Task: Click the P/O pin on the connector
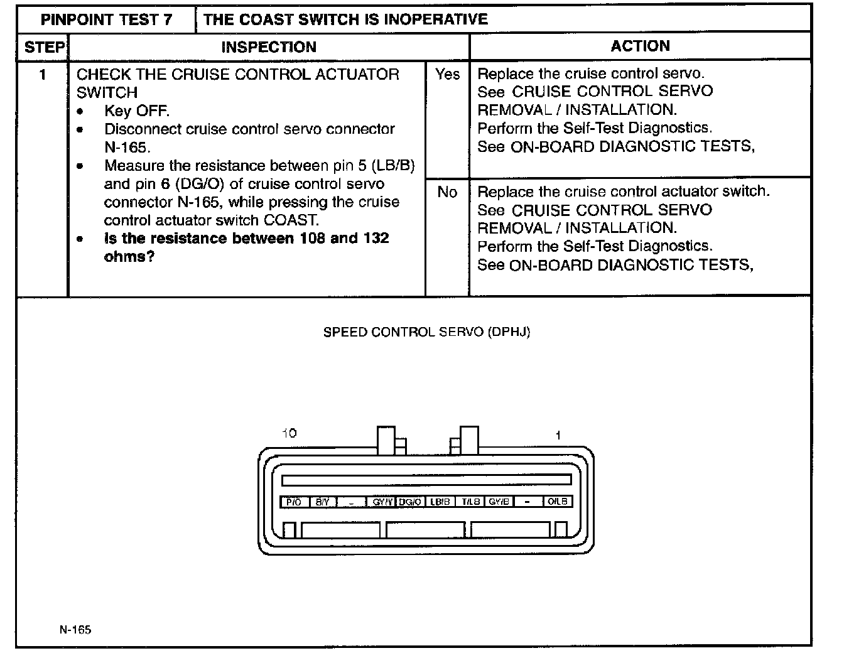coord(293,502)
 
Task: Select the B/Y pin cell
coord(322,502)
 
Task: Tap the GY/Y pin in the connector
coord(381,502)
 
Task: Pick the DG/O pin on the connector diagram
coord(410,502)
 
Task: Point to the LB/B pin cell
coord(440,502)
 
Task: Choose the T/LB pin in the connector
coord(470,502)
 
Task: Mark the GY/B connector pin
coord(499,502)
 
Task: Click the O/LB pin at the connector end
coord(558,502)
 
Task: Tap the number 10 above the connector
coord(289,433)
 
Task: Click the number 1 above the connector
coord(558,434)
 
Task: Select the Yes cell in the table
coord(447,75)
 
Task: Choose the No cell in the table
coord(447,192)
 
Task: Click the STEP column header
coord(43,47)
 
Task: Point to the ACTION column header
coord(640,46)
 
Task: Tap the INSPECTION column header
coord(268,47)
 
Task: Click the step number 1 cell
coord(43,75)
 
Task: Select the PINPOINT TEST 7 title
coord(106,19)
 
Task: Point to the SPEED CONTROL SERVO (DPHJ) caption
coord(426,332)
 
